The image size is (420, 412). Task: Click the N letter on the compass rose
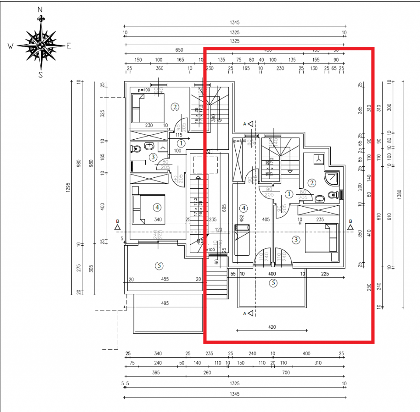click(x=40, y=9)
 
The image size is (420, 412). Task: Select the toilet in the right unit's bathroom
click(x=333, y=195)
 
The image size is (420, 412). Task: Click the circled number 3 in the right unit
click(x=297, y=239)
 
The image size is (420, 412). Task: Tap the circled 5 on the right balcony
click(x=273, y=283)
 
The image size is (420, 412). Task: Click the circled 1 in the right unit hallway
click(x=289, y=194)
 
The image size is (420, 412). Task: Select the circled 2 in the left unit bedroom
click(x=175, y=106)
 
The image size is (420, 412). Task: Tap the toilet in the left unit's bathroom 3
click(x=135, y=149)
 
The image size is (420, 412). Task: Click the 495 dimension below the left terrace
click(x=164, y=303)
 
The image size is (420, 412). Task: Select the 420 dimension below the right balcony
click(x=271, y=327)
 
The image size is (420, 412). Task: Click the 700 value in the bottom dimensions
click(x=286, y=373)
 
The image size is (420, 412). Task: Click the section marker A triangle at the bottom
click(x=250, y=313)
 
